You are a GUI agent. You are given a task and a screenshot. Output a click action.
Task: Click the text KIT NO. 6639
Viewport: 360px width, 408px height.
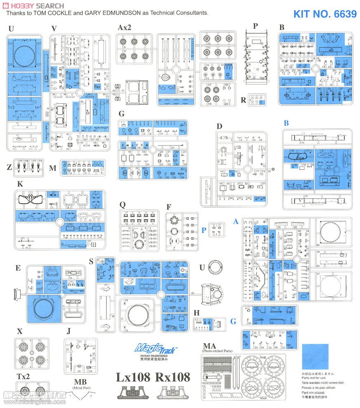pyautogui.click(x=325, y=14)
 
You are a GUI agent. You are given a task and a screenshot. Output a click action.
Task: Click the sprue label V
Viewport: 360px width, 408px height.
pyautogui.click(x=54, y=28)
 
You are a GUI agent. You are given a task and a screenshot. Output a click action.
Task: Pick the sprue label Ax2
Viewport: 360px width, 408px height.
pyautogui.click(x=124, y=28)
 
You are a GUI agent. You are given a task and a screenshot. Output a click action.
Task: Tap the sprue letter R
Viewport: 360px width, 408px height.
pyautogui.click(x=243, y=100)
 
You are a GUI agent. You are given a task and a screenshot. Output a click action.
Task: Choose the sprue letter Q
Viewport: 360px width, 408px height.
pyautogui.click(x=122, y=204)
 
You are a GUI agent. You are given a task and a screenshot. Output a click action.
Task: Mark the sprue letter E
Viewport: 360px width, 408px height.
pyautogui.click(x=18, y=268)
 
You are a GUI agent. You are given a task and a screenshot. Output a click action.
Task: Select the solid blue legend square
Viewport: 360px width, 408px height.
pyautogui.click(x=315, y=357)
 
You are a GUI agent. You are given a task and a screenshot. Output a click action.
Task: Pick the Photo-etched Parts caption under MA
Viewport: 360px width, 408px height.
pyautogui.click(x=217, y=351)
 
